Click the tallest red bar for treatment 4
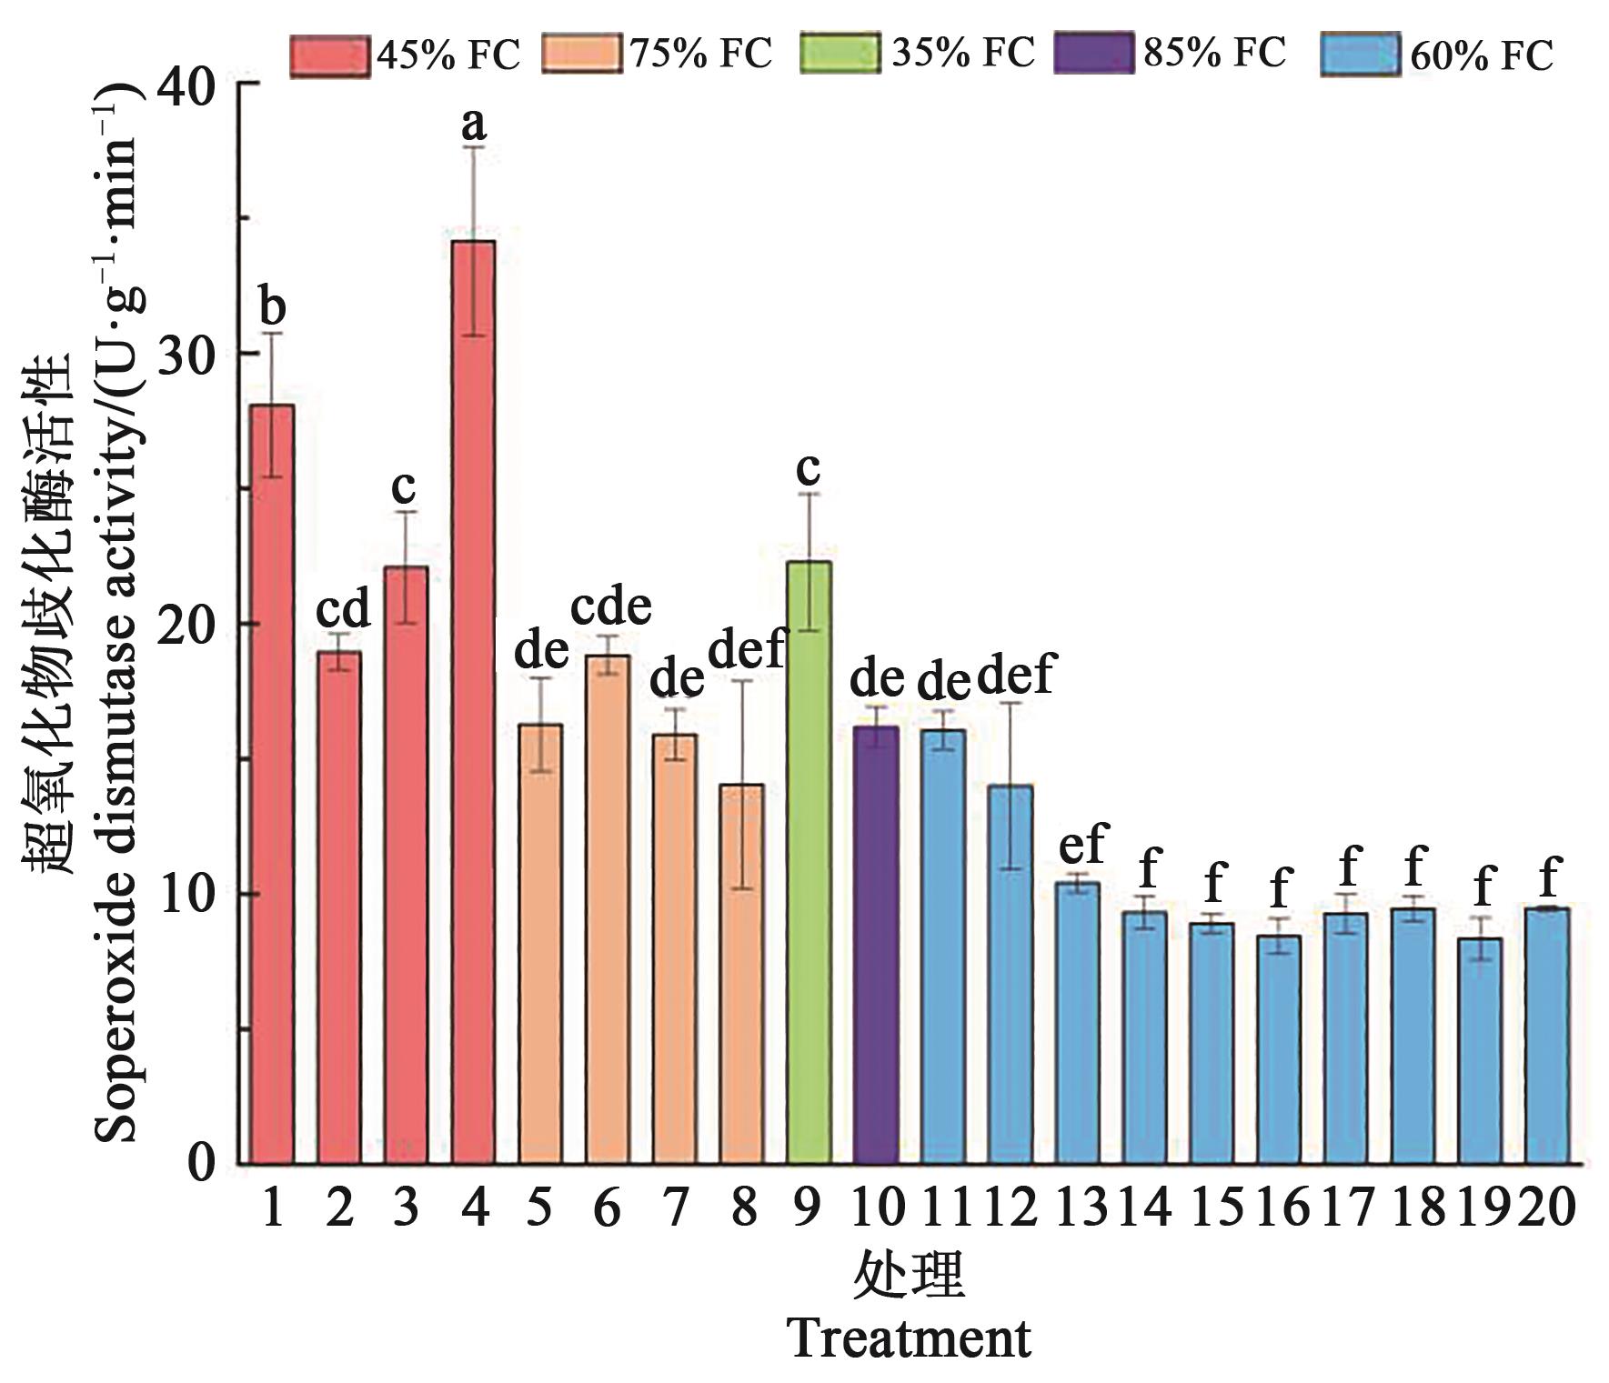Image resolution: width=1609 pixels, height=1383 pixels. [473, 700]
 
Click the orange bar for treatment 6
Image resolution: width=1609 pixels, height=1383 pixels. [608, 909]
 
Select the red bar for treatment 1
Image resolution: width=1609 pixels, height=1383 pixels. [272, 782]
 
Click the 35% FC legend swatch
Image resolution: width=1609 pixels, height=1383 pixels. [840, 54]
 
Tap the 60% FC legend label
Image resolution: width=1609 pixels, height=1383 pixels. [1482, 56]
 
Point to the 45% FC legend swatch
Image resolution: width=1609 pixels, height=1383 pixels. [329, 55]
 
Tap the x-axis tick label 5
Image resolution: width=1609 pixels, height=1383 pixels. [540, 1209]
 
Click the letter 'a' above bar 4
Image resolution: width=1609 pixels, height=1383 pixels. [474, 123]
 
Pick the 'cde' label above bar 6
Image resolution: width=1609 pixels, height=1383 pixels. [611, 606]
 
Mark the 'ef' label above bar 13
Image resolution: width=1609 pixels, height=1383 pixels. [1081, 845]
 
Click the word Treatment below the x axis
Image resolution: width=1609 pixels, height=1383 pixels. [909, 1338]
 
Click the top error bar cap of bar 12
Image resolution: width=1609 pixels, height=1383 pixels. [1011, 703]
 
